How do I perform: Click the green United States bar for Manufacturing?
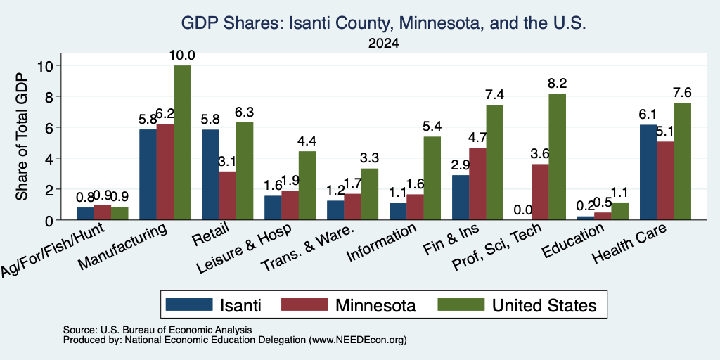[x=182, y=142]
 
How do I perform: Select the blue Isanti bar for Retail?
[x=210, y=174]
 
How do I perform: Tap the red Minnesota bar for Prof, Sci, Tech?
[x=540, y=192]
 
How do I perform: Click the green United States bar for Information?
[x=432, y=178]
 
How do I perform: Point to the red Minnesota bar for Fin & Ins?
[x=477, y=184]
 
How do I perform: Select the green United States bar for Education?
[x=620, y=211]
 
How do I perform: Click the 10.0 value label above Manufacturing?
[x=182, y=56]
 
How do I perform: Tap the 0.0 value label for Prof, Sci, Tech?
[x=523, y=210]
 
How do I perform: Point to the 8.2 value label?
[x=557, y=84]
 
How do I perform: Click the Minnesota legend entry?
[x=349, y=305]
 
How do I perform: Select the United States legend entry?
[x=517, y=305]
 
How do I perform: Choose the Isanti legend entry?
[x=214, y=305]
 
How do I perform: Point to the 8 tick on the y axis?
[x=58, y=96]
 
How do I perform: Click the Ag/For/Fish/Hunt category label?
[x=52, y=250]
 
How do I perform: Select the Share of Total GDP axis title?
[x=22, y=136]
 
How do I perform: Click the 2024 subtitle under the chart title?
[x=383, y=44]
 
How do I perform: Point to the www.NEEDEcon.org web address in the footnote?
[x=358, y=340]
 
